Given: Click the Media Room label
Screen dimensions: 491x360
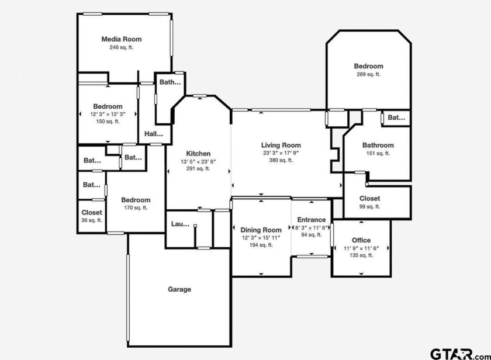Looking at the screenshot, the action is (122, 39).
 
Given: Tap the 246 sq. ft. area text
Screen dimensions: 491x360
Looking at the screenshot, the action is (122, 47).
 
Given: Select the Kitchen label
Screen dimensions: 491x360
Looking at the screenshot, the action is (198, 153).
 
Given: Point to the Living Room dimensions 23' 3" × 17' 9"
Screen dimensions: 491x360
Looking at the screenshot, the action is (281, 153).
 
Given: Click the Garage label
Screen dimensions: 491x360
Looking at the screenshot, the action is (179, 289).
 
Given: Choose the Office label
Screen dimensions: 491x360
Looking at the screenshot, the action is (361, 240).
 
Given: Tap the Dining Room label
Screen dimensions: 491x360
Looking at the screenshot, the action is (261, 230).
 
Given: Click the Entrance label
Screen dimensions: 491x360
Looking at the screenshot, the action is (311, 220).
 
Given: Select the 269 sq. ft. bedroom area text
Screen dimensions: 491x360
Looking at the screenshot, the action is (369, 74).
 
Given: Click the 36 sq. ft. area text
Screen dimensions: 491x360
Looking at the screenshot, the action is (92, 220).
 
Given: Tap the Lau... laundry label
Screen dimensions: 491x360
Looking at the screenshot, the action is (181, 224).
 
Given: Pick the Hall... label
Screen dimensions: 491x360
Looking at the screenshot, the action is (154, 134).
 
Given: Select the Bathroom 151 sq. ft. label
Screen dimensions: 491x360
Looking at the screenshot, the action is (378, 149).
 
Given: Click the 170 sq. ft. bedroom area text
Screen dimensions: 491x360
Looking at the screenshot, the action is (136, 208).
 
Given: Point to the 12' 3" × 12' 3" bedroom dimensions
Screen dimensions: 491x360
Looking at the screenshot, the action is (108, 115).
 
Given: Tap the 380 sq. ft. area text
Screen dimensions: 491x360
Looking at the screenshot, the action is (281, 160).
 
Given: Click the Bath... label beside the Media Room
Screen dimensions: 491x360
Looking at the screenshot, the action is (170, 82).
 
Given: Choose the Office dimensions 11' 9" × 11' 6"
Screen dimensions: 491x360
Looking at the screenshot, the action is (361, 248).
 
